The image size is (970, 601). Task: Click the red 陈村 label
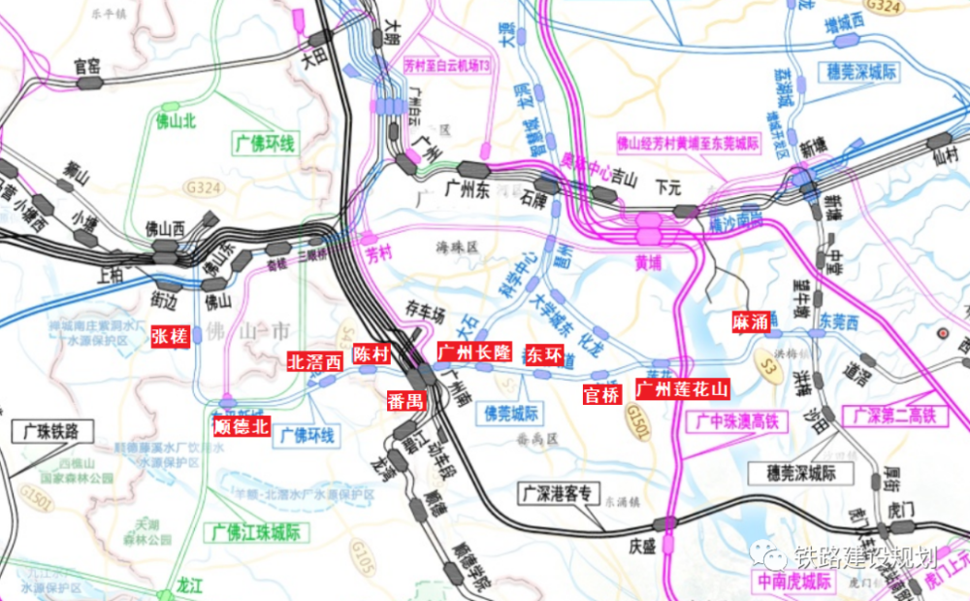[372, 353]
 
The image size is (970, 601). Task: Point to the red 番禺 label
[405, 400]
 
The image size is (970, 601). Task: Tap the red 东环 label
[543, 355]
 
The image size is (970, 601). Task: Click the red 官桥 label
[601, 395]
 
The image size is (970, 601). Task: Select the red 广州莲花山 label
[682, 388]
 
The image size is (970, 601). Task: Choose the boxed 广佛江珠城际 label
[256, 533]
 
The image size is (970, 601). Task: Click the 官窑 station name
[87, 66]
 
